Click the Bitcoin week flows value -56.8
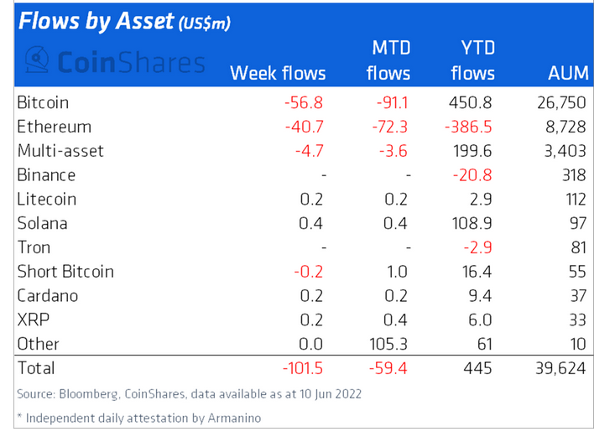pyautogui.click(x=304, y=103)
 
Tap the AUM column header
pyautogui.click(x=567, y=73)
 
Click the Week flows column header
pyautogui.click(x=278, y=73)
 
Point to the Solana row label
pyautogui.click(x=41, y=224)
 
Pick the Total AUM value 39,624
pyautogui.click(x=561, y=368)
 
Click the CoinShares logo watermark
pyautogui.click(x=114, y=61)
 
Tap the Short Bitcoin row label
pyautogui.click(x=65, y=272)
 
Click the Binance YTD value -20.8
pyautogui.click(x=477, y=175)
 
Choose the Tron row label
pyautogui.click(x=34, y=247)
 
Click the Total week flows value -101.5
pyautogui.click(x=300, y=368)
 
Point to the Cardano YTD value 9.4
pyautogui.click(x=483, y=296)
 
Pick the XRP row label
pyautogui.click(x=32, y=320)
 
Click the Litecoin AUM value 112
pyautogui.click(x=574, y=200)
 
